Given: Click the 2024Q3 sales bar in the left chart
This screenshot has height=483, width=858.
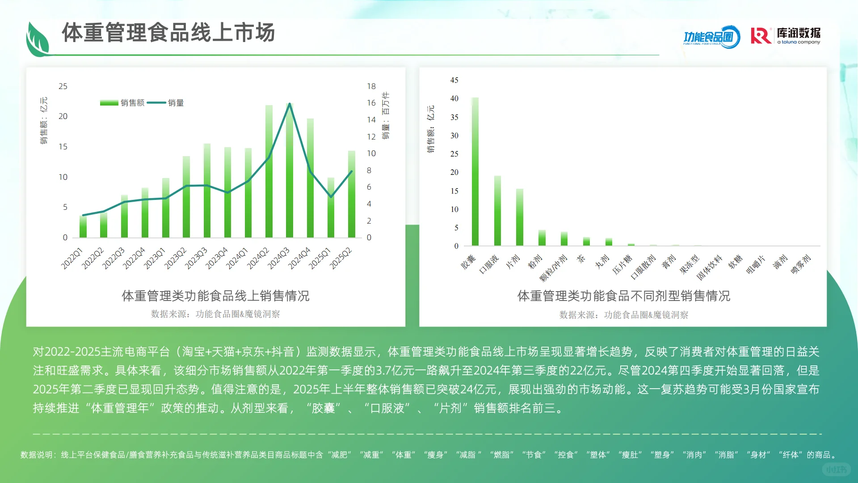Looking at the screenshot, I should coord(290,179).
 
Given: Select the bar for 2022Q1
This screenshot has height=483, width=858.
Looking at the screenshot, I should coord(83,227).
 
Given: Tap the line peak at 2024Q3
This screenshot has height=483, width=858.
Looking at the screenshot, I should coord(290,104).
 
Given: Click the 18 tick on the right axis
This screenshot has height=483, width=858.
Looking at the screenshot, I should coord(371,86).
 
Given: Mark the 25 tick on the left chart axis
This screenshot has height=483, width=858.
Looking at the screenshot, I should coord(63,86).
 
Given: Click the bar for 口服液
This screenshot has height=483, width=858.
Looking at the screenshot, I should coord(497,211).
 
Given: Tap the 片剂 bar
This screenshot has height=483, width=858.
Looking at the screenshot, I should coord(520,217).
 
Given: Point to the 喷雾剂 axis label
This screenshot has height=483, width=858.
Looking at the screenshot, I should coord(801,264).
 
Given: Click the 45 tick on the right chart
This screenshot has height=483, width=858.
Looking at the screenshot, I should coord(454,80).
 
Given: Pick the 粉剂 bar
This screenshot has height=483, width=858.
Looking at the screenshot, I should coord(542,238).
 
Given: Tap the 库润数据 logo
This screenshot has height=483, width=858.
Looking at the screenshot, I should coord(786,36).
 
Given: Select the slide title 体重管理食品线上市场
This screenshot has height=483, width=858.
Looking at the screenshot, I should coord(168,33).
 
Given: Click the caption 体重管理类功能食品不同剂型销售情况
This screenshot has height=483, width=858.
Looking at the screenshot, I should coord(623,296).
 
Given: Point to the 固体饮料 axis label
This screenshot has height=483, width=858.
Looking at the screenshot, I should coord(710,267).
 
